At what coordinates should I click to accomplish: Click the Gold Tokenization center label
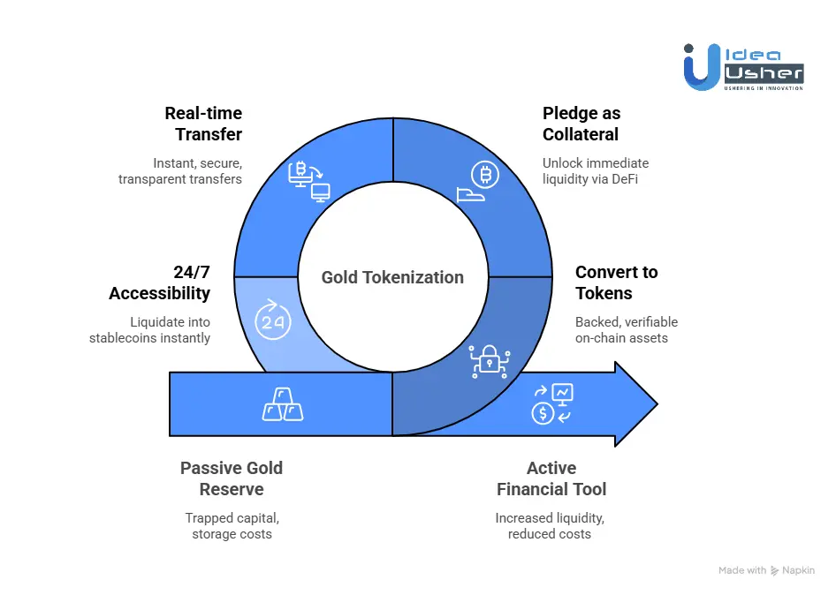[x=392, y=277]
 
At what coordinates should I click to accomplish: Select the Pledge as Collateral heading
[x=581, y=124]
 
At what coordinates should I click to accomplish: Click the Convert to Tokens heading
[x=616, y=282]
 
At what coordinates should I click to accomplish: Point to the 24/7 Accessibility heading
[x=160, y=282]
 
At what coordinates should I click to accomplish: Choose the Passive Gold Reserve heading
[x=232, y=478]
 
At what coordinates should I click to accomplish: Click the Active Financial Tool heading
[x=551, y=478]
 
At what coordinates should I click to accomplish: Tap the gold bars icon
[x=283, y=403]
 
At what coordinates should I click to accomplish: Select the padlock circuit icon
[x=488, y=360]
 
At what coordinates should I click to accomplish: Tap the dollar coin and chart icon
[x=551, y=403]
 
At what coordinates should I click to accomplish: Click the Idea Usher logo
[x=743, y=66]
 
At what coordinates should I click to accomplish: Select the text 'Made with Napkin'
[x=766, y=570]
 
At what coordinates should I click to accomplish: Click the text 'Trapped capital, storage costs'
[x=232, y=525]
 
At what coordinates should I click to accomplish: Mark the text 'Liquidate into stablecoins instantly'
[x=150, y=329]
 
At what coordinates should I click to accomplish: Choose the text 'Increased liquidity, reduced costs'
[x=550, y=525]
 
